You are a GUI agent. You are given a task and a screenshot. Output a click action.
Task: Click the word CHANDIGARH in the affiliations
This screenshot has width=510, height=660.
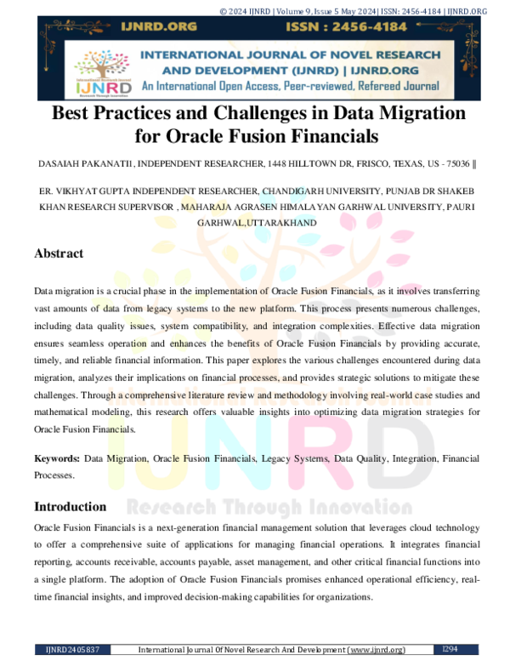283,191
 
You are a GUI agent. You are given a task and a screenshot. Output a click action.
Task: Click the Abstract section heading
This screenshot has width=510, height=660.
59,253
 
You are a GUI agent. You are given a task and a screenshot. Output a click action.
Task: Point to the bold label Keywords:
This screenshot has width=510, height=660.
57,458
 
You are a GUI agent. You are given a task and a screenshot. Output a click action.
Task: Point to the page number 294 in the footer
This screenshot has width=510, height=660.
452,650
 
